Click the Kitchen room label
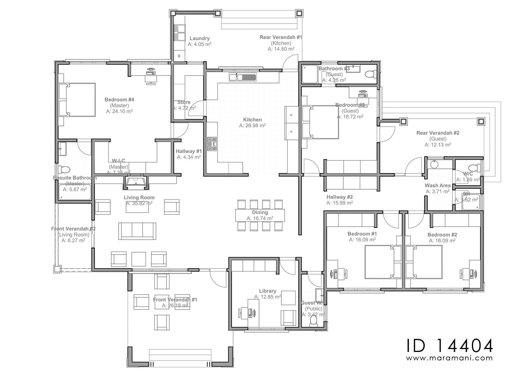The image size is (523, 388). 252,119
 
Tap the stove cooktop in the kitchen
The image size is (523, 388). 212,144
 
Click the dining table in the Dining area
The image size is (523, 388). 260,215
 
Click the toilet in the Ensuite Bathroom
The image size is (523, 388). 63,170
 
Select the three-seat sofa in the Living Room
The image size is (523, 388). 137,231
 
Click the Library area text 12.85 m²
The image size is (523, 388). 267,297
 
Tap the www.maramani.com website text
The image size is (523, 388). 449,358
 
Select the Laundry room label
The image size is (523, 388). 199,38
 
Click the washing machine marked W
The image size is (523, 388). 179,56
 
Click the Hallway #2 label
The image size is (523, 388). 339,197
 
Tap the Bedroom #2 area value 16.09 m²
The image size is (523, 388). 442,241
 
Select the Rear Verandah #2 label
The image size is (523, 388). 438,133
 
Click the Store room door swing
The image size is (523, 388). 195,108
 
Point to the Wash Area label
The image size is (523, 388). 437,185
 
